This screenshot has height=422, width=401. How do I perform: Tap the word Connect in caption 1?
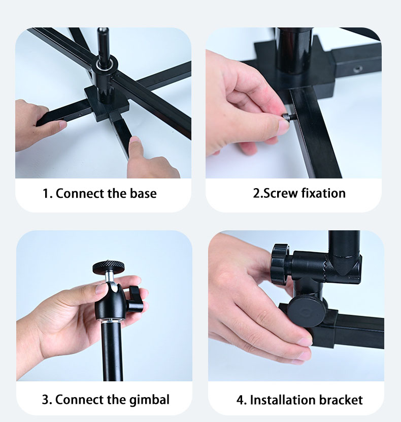[x=80, y=194]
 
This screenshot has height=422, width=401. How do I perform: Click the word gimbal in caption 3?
[x=149, y=400]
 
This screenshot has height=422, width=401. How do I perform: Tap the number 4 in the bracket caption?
[x=240, y=400]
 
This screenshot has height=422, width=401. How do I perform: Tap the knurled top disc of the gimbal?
[x=109, y=266]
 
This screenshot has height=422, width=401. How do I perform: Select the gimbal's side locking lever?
[x=134, y=299]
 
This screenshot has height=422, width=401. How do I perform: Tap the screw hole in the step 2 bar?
[x=357, y=70]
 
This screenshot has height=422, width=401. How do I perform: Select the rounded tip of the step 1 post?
[x=103, y=31]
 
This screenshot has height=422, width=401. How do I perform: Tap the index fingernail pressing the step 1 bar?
[x=134, y=139]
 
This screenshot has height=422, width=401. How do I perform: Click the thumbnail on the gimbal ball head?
[x=101, y=289]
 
